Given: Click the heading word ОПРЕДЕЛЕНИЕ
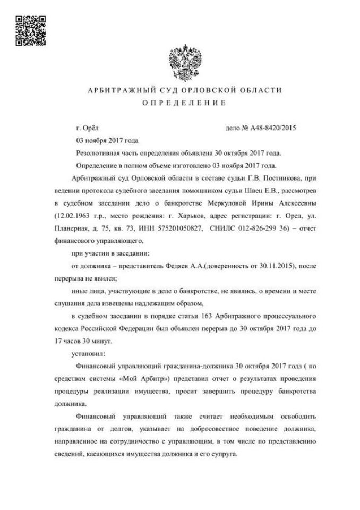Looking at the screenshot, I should click(x=181, y=103).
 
